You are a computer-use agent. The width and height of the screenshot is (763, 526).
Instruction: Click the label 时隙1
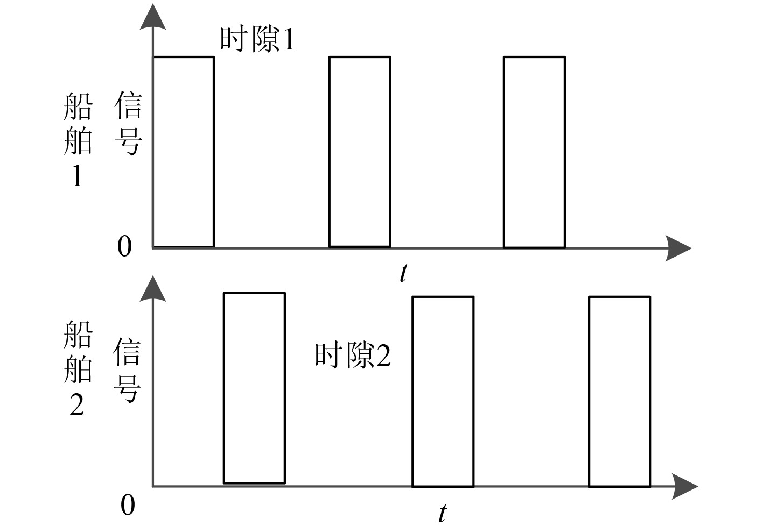click(x=257, y=39)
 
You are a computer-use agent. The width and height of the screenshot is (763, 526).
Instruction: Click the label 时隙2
click(x=353, y=356)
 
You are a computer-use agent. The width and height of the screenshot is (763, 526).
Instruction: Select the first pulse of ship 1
click(x=184, y=152)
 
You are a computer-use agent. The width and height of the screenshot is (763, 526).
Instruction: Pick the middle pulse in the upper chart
click(x=360, y=152)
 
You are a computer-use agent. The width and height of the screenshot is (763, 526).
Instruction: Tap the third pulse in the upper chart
click(x=534, y=152)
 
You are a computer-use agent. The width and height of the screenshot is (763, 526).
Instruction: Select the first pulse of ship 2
click(x=254, y=388)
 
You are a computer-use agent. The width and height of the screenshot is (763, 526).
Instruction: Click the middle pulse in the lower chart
click(x=443, y=392)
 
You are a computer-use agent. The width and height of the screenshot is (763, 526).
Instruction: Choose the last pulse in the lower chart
click(x=619, y=392)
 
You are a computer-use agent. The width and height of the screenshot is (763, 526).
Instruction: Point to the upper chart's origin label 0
click(x=124, y=247)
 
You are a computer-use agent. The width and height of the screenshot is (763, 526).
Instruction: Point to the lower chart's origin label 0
click(x=128, y=506)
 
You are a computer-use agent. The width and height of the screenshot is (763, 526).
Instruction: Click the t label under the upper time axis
click(x=404, y=273)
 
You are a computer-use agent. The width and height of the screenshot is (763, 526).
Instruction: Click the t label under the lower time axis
click(x=442, y=513)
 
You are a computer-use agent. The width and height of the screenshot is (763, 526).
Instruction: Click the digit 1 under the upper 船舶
click(x=77, y=176)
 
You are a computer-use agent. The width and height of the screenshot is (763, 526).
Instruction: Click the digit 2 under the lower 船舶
click(x=77, y=404)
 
